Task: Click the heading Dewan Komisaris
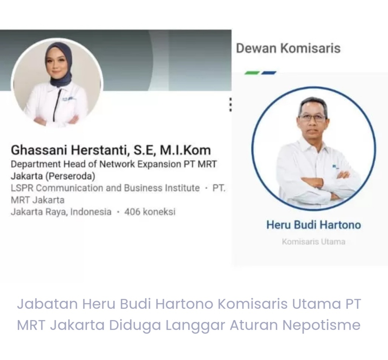coord(288,48)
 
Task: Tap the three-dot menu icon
coord(231,105)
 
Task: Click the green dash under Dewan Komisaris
coord(252,73)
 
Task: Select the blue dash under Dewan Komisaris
coord(269,73)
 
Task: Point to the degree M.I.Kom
coord(185,150)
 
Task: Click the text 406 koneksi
coord(150,212)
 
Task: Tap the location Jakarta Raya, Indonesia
coord(61,212)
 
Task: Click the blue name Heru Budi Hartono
coord(314,225)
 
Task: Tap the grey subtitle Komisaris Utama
coord(314,242)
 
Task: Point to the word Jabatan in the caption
coord(47,304)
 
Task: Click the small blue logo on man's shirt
coord(335,167)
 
